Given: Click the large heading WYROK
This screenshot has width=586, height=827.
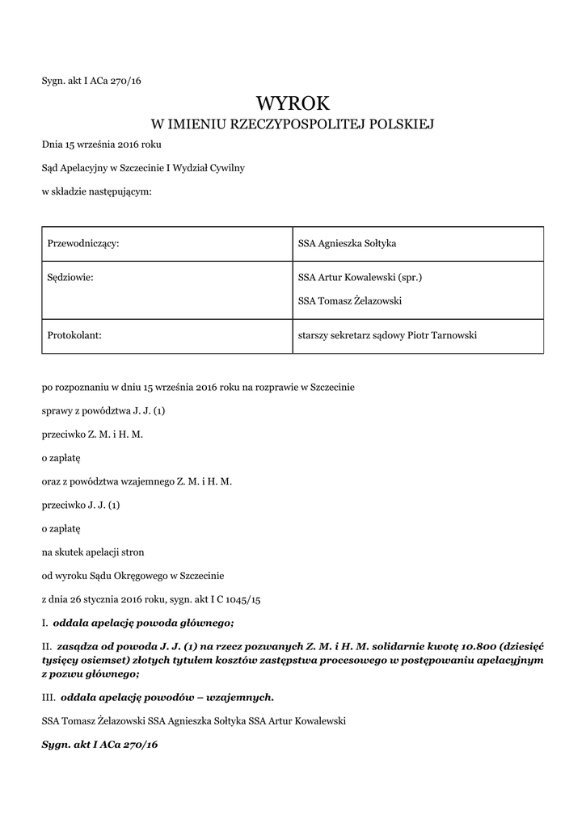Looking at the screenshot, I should [293, 103].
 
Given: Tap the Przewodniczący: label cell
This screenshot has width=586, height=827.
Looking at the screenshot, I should [84, 243].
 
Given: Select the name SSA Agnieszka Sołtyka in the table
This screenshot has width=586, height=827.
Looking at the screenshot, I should [347, 243].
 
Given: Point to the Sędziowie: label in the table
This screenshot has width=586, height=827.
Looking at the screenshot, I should [71, 278].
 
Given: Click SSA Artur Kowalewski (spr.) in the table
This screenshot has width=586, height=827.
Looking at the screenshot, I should [360, 278].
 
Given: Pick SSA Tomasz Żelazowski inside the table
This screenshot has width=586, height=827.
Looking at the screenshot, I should [350, 301].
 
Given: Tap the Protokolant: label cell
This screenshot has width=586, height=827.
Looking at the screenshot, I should [74, 335].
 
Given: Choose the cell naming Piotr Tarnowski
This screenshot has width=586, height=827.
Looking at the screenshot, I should [387, 335].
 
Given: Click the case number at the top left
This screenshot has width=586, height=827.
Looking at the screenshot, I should [91, 80].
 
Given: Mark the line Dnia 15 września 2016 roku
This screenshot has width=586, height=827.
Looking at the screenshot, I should [102, 145].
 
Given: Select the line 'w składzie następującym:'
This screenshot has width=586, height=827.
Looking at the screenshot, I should [97, 191].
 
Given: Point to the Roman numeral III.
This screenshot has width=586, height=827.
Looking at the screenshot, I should [48, 696].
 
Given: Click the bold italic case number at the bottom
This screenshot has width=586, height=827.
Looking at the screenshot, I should [99, 744].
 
